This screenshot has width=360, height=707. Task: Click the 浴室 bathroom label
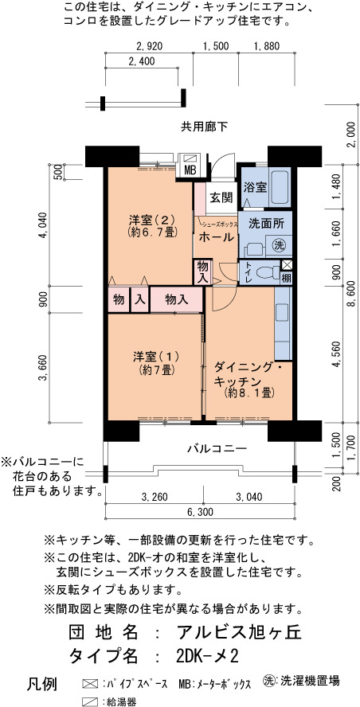tap(256, 187)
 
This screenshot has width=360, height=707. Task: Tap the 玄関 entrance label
tap(221, 197)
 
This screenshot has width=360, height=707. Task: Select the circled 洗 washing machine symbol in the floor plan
tap(280, 245)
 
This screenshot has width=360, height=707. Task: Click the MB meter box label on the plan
tap(190, 171)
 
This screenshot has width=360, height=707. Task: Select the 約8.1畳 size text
tap(249, 393)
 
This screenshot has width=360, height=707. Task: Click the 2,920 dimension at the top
tap(148, 46)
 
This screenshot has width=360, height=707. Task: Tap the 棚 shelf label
tap(287, 277)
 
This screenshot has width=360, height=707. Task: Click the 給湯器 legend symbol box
tap(90, 701)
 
